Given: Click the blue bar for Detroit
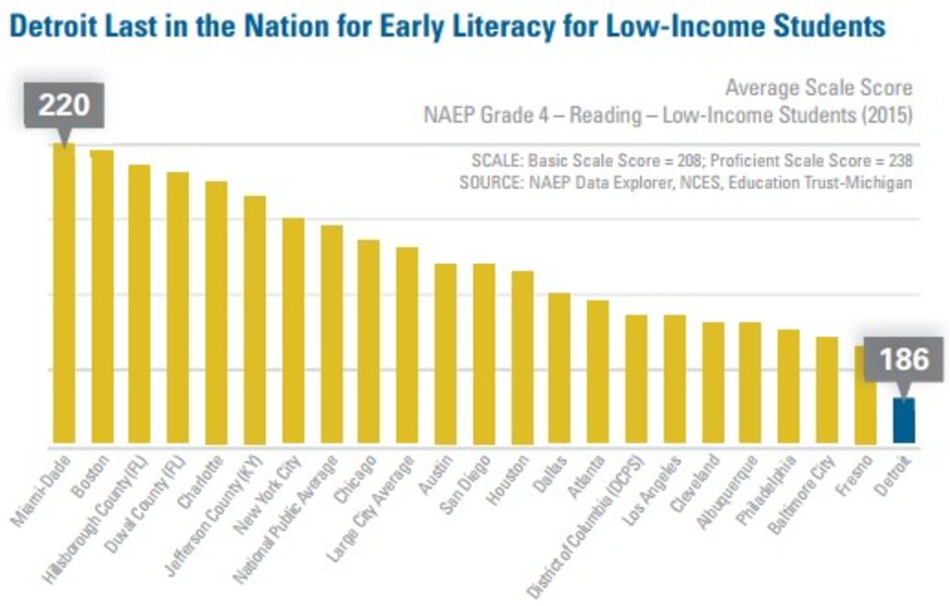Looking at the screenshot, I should point(903,421).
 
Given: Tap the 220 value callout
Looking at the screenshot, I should point(64,105).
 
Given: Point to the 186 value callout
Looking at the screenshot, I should point(903,360).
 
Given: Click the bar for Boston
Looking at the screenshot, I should point(102,298).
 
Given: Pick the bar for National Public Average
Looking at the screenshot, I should point(332,335).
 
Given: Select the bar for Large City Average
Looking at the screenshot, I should point(407,346).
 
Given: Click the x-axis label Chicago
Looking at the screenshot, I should point(357,473).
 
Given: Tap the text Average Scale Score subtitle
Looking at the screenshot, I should point(818,88).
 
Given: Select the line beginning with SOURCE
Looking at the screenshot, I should point(685,183).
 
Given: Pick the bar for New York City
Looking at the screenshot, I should point(293,331).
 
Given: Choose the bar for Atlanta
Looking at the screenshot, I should point(598,373).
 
